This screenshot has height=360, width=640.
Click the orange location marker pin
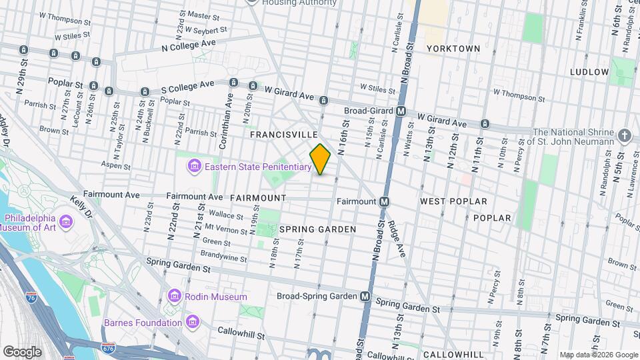pos(320,159)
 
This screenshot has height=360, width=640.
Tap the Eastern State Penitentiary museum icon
pos(194,165)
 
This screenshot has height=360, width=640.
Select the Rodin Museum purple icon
pos(175,295)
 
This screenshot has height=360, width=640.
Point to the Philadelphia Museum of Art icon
pos(66,221)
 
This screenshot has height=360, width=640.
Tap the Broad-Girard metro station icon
pos(401,111)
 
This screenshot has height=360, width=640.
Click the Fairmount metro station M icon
pos(385,201)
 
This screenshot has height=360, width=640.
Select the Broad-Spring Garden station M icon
pos(365,296)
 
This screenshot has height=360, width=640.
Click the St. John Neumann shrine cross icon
pos(624,136)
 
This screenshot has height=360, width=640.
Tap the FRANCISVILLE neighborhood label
pos(283,135)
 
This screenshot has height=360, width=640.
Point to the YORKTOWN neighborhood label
pos(453,49)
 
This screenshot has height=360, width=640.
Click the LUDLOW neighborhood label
pos(589,72)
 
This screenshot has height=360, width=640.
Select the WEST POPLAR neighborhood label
pos(453,201)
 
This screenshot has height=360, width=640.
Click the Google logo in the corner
pos(22,351)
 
